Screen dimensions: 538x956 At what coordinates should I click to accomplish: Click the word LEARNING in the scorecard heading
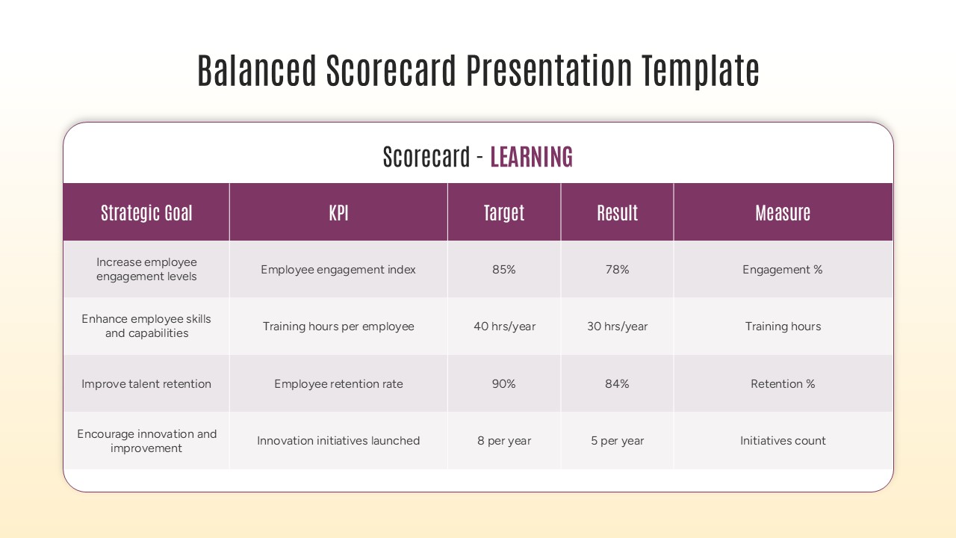[531, 157]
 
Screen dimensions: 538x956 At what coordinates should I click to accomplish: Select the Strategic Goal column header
[146, 213]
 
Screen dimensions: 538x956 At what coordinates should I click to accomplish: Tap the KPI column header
[338, 213]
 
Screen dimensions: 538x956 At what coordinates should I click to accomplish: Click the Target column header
[504, 213]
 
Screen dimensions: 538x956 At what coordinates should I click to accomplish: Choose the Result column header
[617, 213]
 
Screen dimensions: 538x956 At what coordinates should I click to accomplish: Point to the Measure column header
[783, 213]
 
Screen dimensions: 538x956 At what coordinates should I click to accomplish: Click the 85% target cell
[504, 270]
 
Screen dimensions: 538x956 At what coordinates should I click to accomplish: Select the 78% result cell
[617, 270]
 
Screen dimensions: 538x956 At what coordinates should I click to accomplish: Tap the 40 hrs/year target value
[504, 327]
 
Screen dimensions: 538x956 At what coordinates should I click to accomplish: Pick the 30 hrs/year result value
[617, 327]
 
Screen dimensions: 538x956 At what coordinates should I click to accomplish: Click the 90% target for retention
[504, 384]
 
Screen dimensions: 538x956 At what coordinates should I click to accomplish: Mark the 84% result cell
[617, 384]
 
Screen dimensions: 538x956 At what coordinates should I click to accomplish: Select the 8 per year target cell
[504, 441]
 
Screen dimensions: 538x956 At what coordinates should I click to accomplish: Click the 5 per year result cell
[617, 441]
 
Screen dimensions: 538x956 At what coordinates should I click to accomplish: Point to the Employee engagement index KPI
[338, 270]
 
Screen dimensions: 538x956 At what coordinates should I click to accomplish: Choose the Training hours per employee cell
[338, 327]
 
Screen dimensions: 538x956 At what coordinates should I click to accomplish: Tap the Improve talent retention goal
[146, 384]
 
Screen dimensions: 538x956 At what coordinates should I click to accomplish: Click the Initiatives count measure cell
[783, 441]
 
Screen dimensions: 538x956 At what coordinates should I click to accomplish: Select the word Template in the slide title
[700, 71]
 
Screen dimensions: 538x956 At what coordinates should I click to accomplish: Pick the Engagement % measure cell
[783, 270]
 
